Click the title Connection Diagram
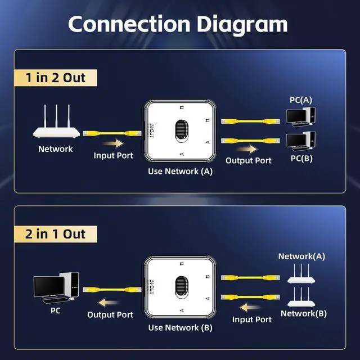tap(178, 24)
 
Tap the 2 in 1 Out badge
tap(55, 233)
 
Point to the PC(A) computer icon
tap(300, 116)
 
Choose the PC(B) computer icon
tap(300, 140)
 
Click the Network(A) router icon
tap(301, 273)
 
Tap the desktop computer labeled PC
tap(56, 287)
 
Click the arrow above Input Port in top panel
tap(113, 143)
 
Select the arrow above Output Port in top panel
tap(247, 150)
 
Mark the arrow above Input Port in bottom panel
tap(251, 307)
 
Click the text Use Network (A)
tap(180, 171)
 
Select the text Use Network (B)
tap(180, 327)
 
